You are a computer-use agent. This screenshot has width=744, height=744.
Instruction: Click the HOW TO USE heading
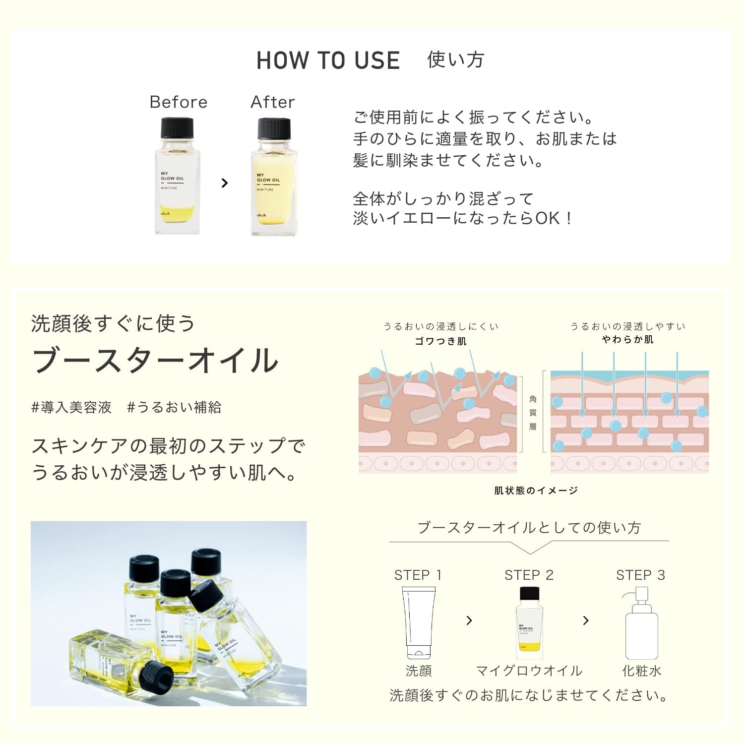(x=328, y=61)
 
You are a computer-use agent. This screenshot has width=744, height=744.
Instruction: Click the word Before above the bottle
(x=179, y=102)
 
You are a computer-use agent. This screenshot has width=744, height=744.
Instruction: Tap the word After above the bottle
(x=273, y=102)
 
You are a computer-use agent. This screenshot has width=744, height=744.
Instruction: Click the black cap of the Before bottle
(x=177, y=128)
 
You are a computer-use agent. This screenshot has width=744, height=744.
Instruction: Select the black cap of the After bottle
(x=274, y=129)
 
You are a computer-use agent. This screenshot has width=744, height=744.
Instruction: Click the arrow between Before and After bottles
(x=225, y=183)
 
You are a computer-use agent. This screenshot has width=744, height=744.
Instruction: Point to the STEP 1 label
(x=418, y=575)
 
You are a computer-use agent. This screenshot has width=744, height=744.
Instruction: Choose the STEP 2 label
(x=529, y=575)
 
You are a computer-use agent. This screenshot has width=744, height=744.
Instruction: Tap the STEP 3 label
(x=640, y=575)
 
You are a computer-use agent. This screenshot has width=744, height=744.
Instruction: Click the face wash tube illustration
(x=418, y=622)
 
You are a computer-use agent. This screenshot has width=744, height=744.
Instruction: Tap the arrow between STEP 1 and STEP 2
(x=469, y=620)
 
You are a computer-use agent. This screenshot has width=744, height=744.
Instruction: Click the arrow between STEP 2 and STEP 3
(x=586, y=620)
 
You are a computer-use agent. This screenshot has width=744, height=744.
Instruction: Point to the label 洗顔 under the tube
(x=419, y=671)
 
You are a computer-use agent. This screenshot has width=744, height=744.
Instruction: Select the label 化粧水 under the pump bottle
(x=642, y=671)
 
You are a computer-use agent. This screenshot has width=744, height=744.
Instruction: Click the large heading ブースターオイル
(x=155, y=360)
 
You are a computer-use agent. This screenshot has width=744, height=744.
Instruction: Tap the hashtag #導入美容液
(x=71, y=407)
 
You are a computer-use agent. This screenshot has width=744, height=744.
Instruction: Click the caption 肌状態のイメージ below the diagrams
(x=536, y=491)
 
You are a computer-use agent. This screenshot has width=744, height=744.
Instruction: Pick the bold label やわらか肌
(x=627, y=339)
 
